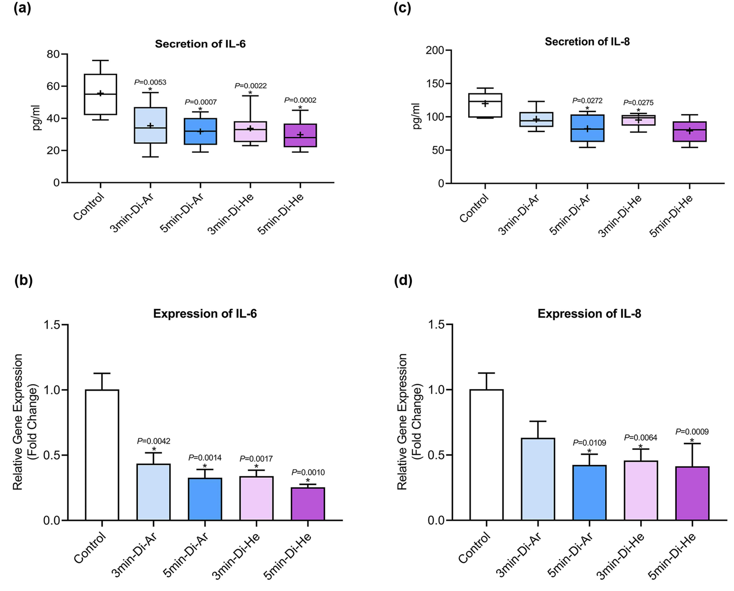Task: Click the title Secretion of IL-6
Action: (200, 44)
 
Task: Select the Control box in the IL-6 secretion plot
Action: (100, 94)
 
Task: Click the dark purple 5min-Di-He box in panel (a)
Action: (300, 136)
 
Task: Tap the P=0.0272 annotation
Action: (587, 101)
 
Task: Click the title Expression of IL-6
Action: (205, 314)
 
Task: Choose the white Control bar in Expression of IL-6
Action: (102, 455)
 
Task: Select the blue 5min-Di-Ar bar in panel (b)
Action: (205, 499)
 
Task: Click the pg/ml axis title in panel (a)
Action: (36, 118)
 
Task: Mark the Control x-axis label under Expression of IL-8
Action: (474, 548)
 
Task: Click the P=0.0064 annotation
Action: (641, 438)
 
